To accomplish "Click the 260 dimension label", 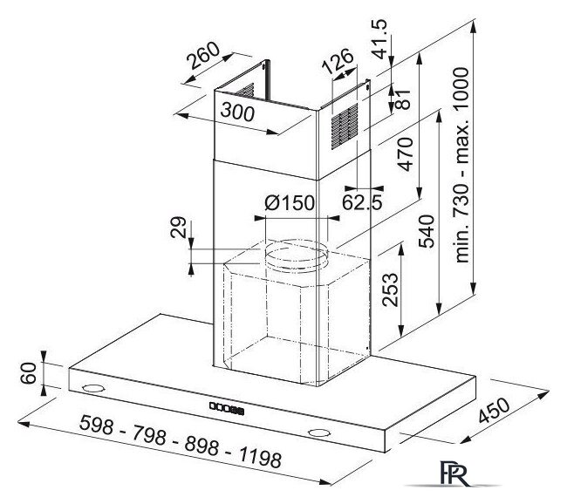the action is coord(204,55).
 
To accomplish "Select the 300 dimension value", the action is coord(237,112).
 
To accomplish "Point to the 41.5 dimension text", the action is coord(380,38).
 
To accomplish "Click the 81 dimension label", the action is coord(403,99).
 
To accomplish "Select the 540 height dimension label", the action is coord(427,231).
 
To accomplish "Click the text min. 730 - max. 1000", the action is coord(461,165).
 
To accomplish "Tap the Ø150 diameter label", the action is coord(290,202).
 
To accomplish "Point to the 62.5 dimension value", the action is coord(362,202).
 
